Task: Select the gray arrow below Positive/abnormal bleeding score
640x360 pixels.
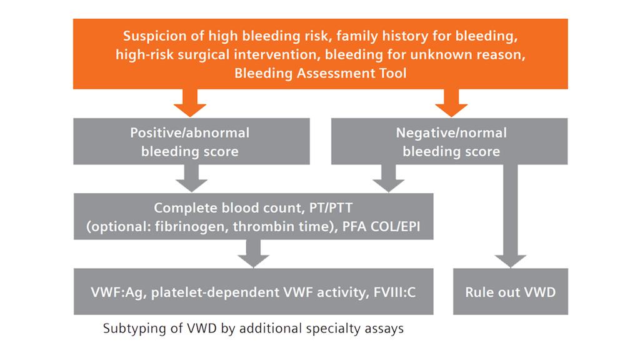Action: tap(191, 178)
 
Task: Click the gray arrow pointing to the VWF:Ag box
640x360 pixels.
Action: tap(253, 253)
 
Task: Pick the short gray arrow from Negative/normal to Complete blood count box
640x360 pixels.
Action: tap(388, 178)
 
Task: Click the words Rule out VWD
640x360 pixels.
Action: tap(510, 292)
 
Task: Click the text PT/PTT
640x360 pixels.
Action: tap(330, 208)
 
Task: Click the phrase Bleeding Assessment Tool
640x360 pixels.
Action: tap(320, 73)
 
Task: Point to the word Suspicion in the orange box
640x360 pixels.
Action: tap(154, 36)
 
